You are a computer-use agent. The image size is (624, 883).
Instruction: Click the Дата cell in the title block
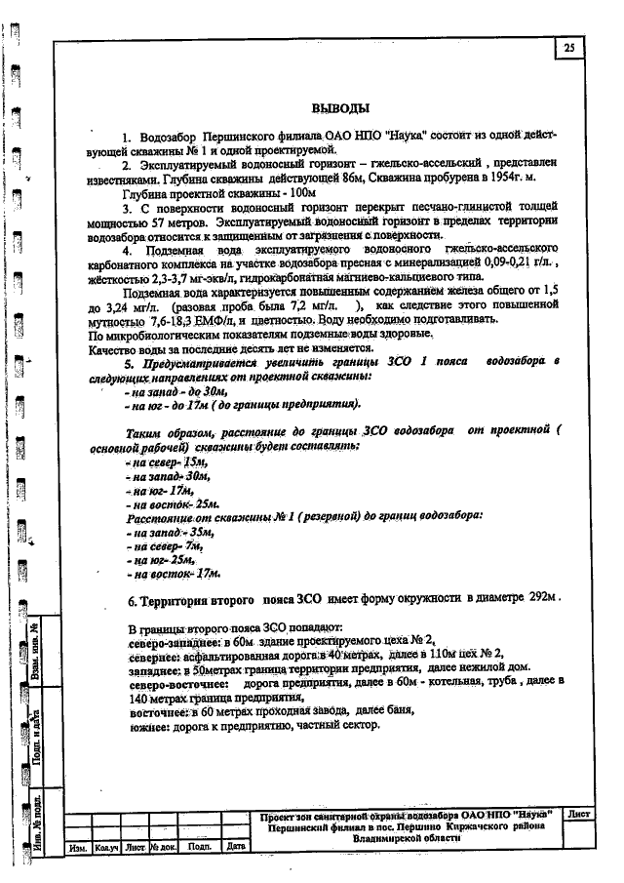coord(235,847)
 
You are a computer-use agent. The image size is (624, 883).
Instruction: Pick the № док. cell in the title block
coord(161,848)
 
